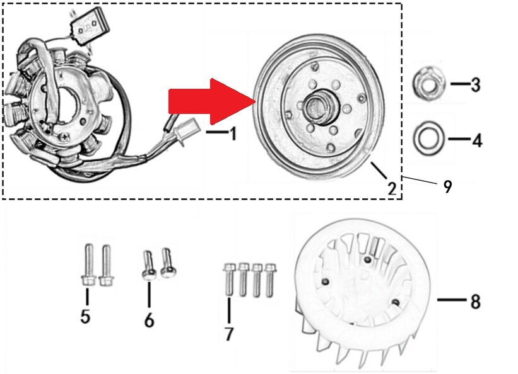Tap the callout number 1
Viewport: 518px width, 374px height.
(233, 134)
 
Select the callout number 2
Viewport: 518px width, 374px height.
(392, 188)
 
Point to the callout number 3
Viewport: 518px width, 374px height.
(475, 84)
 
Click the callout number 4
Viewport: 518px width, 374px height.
(477, 140)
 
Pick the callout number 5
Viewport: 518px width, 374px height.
(85, 316)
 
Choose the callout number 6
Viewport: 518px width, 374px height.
(150, 320)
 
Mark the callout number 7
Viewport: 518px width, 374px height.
(229, 334)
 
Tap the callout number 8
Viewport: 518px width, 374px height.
(475, 301)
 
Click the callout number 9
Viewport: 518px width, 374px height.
(447, 186)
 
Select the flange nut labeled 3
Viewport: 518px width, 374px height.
(429, 84)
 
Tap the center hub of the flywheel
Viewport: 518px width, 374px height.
(321, 106)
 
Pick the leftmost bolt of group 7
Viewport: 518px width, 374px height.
(228, 279)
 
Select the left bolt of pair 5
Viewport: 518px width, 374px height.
(88, 264)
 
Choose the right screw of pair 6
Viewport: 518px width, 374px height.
(168, 263)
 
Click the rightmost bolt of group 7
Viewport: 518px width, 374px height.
(270, 280)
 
